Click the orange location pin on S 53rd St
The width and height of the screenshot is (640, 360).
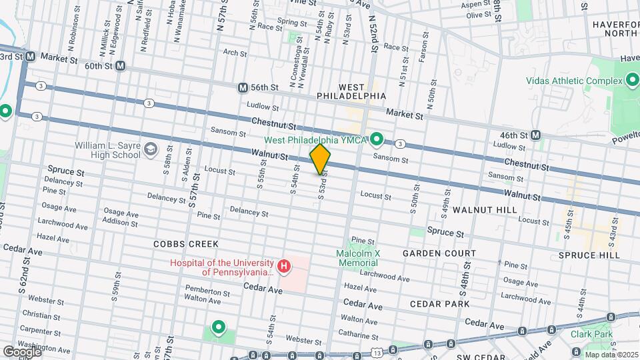click(x=320, y=159)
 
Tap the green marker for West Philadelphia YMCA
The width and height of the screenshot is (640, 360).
click(x=377, y=139)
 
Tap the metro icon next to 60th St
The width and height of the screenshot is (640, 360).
click(x=120, y=65)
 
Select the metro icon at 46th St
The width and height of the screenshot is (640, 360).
click(x=535, y=135)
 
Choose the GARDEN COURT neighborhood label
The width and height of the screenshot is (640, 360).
click(x=439, y=253)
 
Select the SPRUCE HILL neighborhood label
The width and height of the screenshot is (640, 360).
click(x=589, y=255)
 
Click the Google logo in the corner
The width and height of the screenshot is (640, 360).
click(x=21, y=351)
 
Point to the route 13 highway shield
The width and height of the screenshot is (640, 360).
click(x=378, y=351)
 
